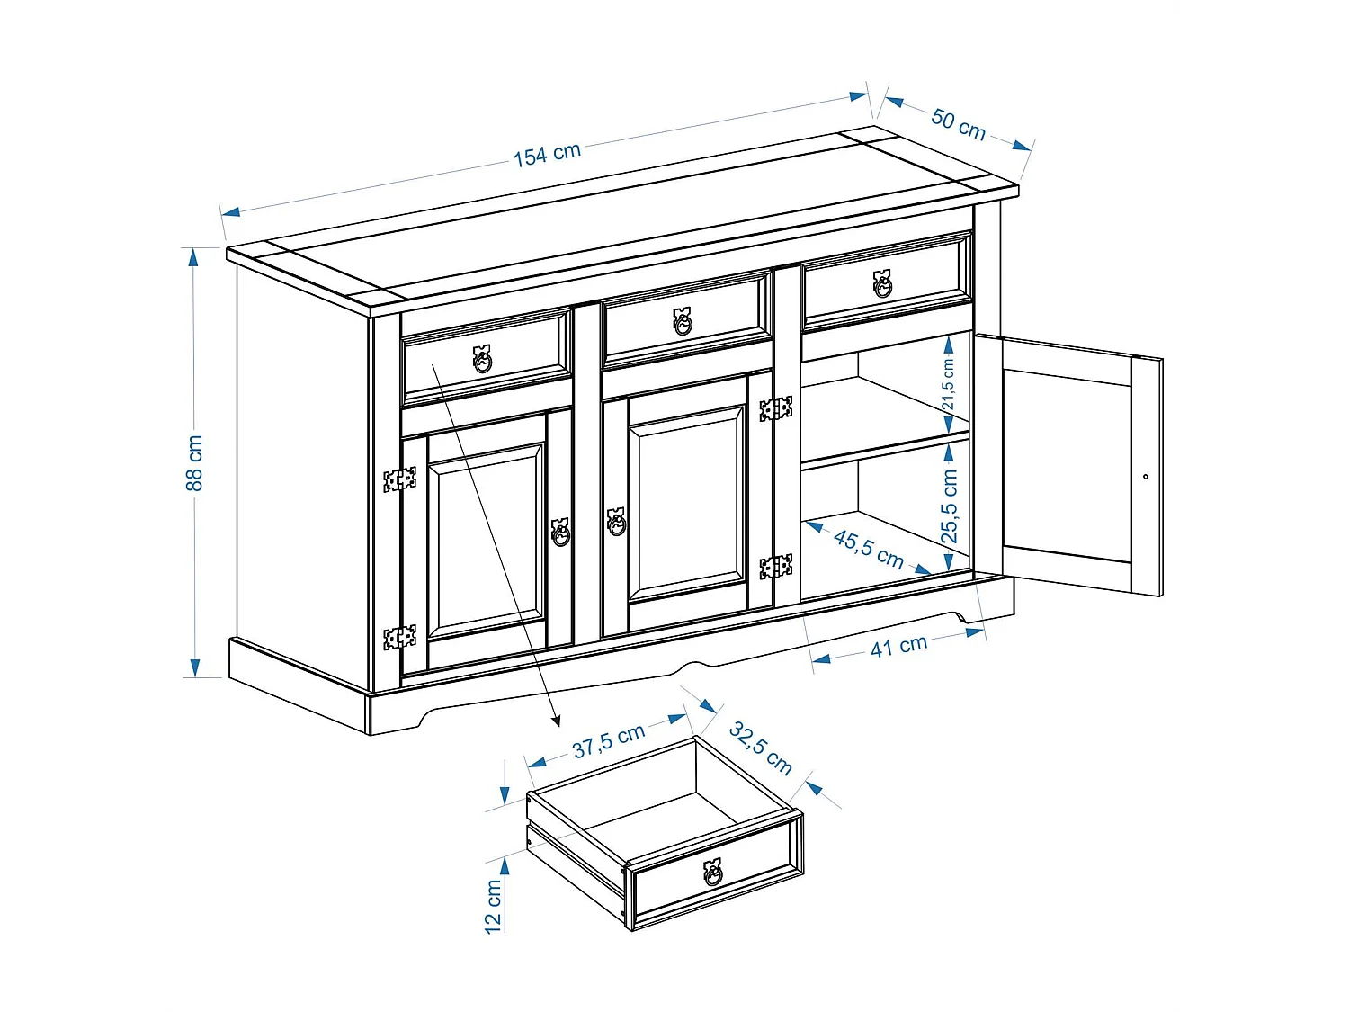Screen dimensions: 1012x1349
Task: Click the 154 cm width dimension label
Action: tap(547, 154)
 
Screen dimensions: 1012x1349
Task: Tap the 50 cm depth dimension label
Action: tap(958, 124)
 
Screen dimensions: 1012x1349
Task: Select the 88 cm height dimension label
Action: tap(194, 463)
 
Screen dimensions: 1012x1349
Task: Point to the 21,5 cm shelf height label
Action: tap(948, 384)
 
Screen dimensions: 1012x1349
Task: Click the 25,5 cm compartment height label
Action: tap(950, 506)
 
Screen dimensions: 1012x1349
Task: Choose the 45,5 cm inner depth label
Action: tap(868, 549)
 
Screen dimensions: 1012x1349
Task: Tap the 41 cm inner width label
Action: tap(898, 646)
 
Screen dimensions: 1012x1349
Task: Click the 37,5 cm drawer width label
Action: tap(609, 739)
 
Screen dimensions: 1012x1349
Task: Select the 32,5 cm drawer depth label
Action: tap(761, 748)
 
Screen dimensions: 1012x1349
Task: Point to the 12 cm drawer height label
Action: tap(493, 907)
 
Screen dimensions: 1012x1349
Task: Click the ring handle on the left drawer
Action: tap(483, 359)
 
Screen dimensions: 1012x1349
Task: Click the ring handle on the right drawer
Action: tap(883, 283)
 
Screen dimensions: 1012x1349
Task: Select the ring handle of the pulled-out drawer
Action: tap(713, 872)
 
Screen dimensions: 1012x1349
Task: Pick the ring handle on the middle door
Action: tap(616, 522)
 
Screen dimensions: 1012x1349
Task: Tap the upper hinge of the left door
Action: tap(399, 479)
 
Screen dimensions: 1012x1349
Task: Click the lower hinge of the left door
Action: tap(399, 637)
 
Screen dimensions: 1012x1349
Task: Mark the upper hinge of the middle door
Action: tap(775, 409)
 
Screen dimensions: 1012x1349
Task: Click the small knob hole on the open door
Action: tap(1146, 477)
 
